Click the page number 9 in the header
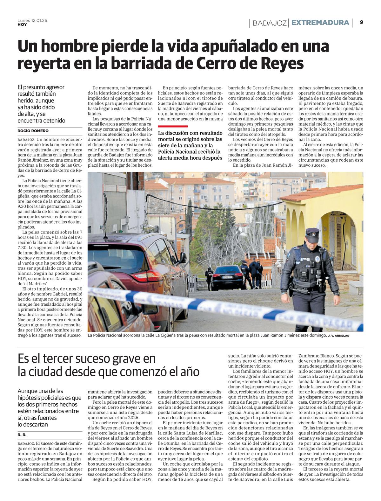pos(362,22)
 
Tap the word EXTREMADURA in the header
pos(320,23)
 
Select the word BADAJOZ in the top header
pos(270,23)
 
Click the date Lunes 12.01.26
pos(32,20)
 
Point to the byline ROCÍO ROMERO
pos(33,131)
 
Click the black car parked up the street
pos(227,277)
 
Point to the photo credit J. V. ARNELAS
pos(338,336)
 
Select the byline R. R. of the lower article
pos(22,435)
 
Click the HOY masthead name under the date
pos(22,24)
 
